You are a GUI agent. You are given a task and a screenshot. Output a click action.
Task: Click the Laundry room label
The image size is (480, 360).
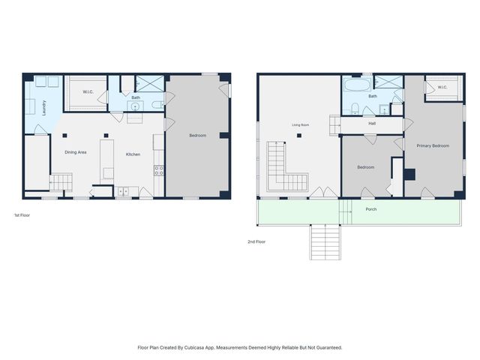point(44,108)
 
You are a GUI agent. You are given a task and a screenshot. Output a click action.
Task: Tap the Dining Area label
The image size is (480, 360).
point(75,152)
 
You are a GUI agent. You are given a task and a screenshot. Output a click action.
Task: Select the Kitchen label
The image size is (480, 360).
point(133,154)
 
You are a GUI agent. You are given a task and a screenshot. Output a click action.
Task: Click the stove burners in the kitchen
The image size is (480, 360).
point(158,170)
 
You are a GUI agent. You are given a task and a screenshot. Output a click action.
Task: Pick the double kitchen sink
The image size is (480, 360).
point(124,191)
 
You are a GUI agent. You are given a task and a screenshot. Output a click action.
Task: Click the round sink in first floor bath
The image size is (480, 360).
point(135,106)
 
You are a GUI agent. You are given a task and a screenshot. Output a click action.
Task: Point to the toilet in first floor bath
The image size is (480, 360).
point(157,105)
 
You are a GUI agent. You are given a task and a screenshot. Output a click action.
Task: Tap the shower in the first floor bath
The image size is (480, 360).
point(150,83)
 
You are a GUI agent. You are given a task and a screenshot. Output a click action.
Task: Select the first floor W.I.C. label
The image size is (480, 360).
point(88,91)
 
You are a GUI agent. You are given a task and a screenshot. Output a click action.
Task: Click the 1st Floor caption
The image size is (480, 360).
point(22,215)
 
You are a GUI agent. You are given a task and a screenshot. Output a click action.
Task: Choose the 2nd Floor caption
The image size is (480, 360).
point(256,241)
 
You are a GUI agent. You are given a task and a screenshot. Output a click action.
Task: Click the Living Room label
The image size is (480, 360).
point(300,125)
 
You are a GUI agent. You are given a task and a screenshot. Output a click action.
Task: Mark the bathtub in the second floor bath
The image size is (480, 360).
point(357,85)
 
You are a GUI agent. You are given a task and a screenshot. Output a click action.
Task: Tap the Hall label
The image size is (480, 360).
point(372,123)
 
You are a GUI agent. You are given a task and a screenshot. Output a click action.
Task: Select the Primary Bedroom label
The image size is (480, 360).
point(433,145)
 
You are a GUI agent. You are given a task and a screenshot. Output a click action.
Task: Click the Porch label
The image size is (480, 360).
point(371,209)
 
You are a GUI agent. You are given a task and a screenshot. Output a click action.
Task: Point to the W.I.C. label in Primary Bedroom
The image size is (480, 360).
point(442,87)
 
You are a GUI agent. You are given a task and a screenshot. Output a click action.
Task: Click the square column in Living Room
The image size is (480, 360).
point(299,136)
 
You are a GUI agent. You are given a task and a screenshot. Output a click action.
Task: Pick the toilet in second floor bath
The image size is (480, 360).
point(355,108)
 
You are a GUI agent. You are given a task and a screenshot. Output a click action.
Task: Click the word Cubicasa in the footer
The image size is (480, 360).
point(194,347)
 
